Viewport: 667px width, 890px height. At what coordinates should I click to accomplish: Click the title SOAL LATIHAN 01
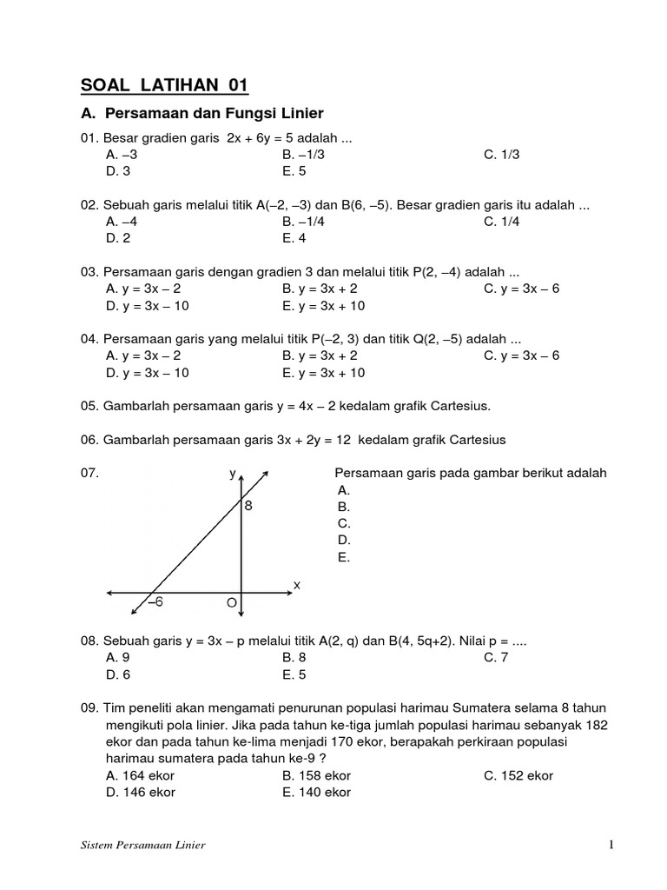[164, 84]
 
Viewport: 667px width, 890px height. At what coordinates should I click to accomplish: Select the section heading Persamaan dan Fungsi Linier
[214, 113]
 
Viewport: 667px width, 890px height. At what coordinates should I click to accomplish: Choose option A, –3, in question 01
[122, 155]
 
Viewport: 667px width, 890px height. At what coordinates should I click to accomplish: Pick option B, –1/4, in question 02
[300, 221]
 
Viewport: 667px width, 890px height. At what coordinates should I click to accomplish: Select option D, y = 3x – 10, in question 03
[147, 306]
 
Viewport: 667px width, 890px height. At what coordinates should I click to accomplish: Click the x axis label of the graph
[296, 586]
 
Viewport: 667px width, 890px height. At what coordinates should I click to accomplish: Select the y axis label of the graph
[232, 474]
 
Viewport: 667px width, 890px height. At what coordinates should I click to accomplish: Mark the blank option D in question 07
[344, 540]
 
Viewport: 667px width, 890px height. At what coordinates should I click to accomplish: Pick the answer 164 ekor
[140, 775]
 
